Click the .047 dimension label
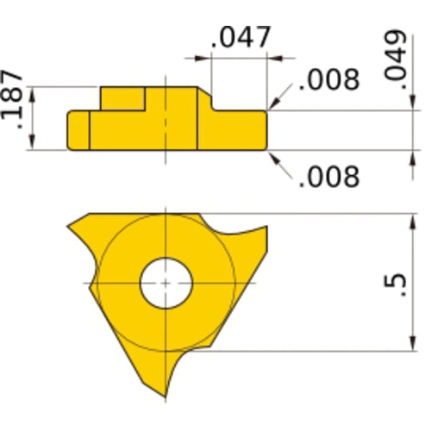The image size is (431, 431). click(241, 38)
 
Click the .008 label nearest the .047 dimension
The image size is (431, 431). click(328, 80)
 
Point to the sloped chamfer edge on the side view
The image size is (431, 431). click(210, 97)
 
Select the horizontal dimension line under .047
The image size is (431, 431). click(241, 59)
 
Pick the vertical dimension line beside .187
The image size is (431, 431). click(34, 118)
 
